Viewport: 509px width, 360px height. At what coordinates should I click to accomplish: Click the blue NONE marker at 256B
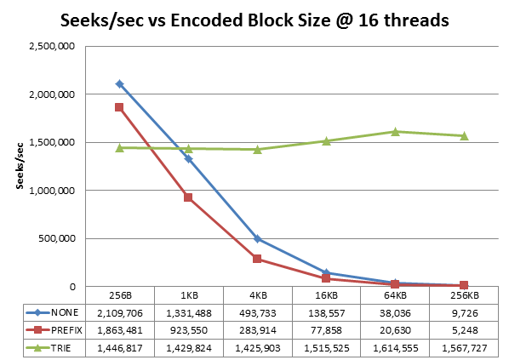119,83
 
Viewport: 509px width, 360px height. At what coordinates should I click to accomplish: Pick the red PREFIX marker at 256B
119,107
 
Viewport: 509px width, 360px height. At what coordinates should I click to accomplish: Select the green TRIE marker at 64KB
395,131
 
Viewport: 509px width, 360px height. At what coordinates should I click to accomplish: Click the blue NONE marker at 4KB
257,239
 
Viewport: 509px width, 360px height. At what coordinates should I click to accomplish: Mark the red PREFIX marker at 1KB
188,197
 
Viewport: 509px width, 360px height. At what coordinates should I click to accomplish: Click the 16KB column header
326,295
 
